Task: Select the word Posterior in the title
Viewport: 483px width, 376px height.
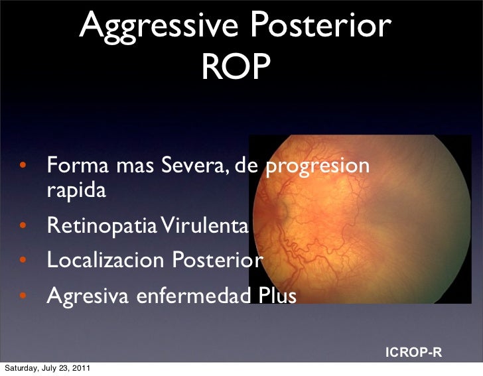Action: (320, 27)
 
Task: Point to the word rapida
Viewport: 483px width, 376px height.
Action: (76, 192)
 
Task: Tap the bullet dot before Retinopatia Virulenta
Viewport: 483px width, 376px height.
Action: (23, 227)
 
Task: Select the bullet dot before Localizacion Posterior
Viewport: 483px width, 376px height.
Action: (23, 261)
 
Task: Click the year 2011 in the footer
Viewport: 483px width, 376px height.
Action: (82, 368)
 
